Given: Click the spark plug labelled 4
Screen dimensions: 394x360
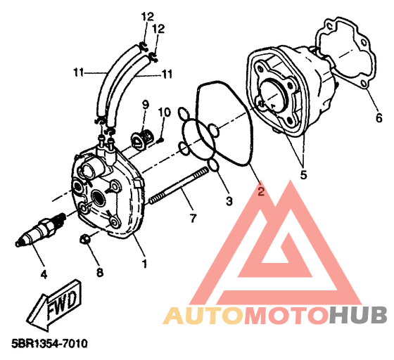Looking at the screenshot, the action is (x=40, y=229).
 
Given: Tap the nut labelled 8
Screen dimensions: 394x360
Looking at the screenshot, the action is (x=84, y=239).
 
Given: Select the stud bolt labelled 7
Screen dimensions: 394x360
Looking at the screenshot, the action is (x=179, y=186).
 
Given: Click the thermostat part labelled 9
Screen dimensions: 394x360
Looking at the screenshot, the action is (x=141, y=140).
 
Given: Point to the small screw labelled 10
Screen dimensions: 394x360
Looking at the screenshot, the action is (x=160, y=141).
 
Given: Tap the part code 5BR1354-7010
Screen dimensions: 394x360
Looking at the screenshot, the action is (x=49, y=343).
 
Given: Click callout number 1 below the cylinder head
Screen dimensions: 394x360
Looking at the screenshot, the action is (x=144, y=264).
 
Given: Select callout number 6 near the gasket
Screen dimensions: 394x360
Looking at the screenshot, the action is (x=379, y=117).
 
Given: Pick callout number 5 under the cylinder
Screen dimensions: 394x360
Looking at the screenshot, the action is (x=304, y=175).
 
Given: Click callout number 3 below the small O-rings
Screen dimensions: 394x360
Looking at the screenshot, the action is (x=229, y=201).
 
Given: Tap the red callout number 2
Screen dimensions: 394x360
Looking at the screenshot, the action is (x=261, y=192).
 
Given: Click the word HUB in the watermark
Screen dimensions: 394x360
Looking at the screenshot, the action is (x=358, y=315).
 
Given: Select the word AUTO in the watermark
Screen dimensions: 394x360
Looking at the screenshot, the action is (x=204, y=315).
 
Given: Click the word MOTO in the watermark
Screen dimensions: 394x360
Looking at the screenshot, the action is (x=287, y=315).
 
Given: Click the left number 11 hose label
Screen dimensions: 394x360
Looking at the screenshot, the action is (x=78, y=73).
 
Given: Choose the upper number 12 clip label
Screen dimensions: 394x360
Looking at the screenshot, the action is (x=147, y=17).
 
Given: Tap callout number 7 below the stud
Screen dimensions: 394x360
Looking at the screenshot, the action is (x=193, y=218).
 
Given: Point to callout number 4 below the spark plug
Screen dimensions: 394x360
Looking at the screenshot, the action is (x=44, y=275).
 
